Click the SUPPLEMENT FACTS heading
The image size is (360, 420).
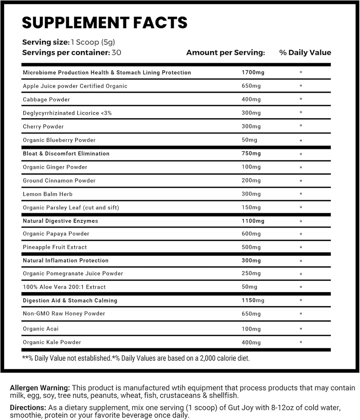click(105, 23)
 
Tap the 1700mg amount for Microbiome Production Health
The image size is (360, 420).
click(253, 73)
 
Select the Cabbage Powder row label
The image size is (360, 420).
click(46, 100)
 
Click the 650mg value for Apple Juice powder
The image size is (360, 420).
click(251, 86)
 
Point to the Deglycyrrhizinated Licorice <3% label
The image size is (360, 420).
click(67, 113)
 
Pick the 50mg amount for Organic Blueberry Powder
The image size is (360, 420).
click(250, 140)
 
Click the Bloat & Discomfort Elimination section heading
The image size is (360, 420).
click(66, 154)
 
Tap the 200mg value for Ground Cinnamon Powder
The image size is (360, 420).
click(251, 181)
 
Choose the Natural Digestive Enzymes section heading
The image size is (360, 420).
click(60, 221)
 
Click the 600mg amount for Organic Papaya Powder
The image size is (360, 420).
click(251, 234)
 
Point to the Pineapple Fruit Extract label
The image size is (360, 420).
click(55, 247)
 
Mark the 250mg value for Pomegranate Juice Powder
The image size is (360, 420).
click(251, 274)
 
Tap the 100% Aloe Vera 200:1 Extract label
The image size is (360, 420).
click(64, 287)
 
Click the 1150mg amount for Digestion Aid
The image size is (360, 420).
click(253, 301)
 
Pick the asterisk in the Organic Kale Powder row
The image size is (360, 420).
click(301, 343)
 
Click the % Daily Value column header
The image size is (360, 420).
click(305, 53)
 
